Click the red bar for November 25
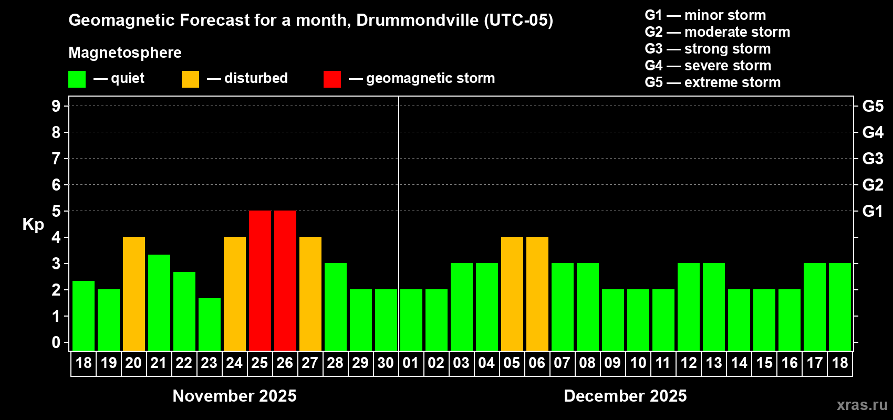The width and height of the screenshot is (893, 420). [x=260, y=280]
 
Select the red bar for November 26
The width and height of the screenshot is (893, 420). [x=285, y=280]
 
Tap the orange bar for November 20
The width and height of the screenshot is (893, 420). [x=134, y=293]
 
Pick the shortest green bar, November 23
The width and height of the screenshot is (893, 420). [x=210, y=324]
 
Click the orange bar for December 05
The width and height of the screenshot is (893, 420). [x=512, y=293]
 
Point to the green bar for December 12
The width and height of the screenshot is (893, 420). [x=689, y=307]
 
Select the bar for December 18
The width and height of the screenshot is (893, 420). [x=840, y=307]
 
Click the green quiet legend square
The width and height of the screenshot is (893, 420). [x=77, y=79]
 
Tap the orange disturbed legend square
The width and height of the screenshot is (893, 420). [x=190, y=79]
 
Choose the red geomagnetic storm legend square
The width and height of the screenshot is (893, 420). [x=332, y=79]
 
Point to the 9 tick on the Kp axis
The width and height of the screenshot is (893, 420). [x=56, y=106]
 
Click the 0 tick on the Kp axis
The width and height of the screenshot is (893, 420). [x=56, y=342]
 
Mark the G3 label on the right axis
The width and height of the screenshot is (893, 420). [x=873, y=159]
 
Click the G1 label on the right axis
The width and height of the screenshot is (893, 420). [x=873, y=211]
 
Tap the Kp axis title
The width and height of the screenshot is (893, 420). [x=33, y=225]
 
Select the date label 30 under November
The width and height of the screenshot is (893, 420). [x=386, y=363]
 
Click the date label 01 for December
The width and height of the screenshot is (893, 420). [x=411, y=363]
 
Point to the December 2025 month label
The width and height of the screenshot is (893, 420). [x=625, y=396]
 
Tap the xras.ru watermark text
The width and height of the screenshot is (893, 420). [x=862, y=405]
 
